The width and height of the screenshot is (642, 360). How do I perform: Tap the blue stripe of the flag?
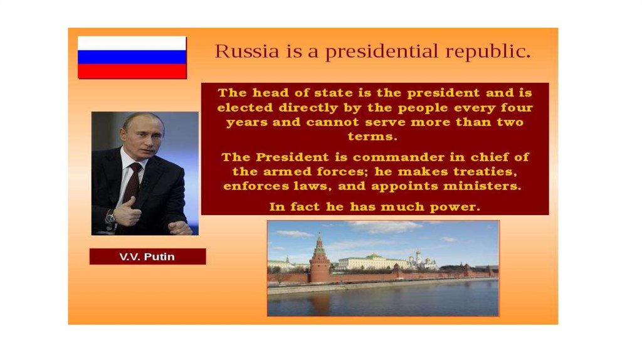[132, 57]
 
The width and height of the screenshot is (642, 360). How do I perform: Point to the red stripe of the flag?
[132, 71]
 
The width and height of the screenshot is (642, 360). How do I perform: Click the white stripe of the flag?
[132, 43]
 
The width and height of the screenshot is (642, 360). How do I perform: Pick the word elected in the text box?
[245, 107]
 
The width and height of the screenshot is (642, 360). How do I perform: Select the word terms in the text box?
[372, 136]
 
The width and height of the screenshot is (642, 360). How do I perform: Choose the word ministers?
[482, 186]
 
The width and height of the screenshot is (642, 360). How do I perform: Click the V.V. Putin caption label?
[147, 257]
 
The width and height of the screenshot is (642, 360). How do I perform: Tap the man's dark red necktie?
[132, 184]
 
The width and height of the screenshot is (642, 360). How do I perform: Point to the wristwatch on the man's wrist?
[110, 216]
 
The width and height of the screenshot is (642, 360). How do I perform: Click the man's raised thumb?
[130, 203]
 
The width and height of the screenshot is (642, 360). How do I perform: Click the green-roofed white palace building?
[373, 262]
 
